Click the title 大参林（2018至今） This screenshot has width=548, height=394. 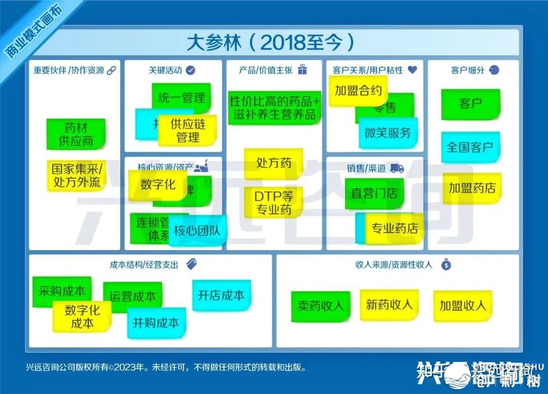(x=270, y=42)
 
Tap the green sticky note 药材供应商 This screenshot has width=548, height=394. (x=76, y=134)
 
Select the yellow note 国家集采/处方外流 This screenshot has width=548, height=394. (x=77, y=175)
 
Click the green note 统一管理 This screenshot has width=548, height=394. (x=181, y=98)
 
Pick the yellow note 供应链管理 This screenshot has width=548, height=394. (x=188, y=130)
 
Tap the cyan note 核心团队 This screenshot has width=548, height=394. (x=197, y=231)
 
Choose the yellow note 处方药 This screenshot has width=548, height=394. (x=273, y=163)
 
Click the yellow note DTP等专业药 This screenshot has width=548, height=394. (x=273, y=202)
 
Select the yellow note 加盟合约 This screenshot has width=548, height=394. (x=358, y=90)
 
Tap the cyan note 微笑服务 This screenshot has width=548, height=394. (x=388, y=133)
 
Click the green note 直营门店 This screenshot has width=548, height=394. (x=374, y=193)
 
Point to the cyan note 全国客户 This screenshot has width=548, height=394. (x=470, y=147)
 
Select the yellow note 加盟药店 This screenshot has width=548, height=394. (x=472, y=188)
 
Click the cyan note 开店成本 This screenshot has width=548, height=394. (x=221, y=295)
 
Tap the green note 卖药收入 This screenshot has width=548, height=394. (x=321, y=306)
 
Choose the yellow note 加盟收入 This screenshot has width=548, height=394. (x=463, y=306)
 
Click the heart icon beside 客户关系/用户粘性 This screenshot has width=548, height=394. (x=412, y=70)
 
